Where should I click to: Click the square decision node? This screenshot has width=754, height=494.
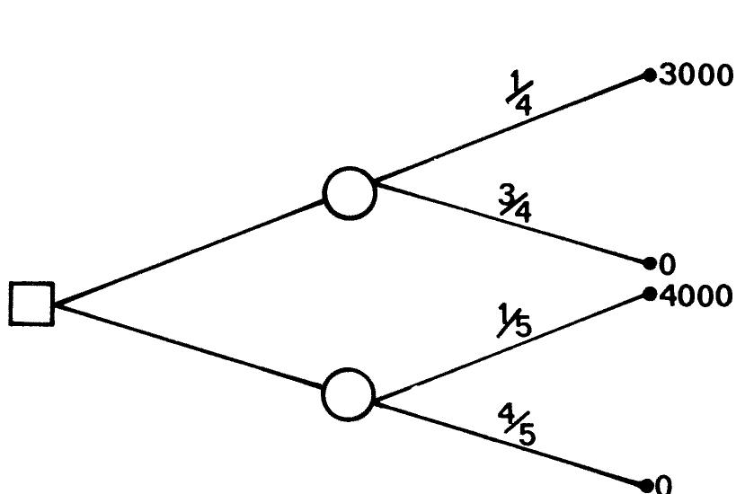(31, 303)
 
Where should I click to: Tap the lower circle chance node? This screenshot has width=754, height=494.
(349, 396)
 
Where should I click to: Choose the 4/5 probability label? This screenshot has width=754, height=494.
(518, 428)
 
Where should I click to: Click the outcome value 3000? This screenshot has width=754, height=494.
(696, 75)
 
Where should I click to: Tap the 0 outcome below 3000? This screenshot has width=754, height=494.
(667, 265)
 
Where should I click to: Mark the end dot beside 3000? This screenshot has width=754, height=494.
(651, 75)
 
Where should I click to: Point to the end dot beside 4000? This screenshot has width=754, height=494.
(651, 294)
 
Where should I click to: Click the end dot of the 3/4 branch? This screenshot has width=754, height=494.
(651, 263)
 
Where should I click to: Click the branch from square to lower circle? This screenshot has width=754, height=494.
(189, 347)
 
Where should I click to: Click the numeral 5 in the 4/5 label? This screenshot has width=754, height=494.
(527, 435)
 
